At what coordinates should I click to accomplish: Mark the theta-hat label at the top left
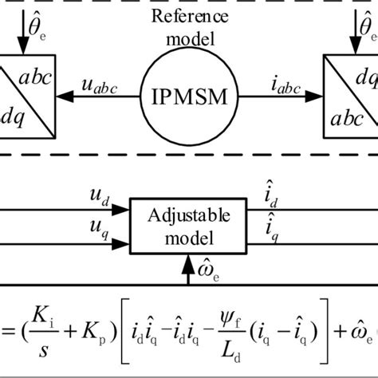tap(24, 10)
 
